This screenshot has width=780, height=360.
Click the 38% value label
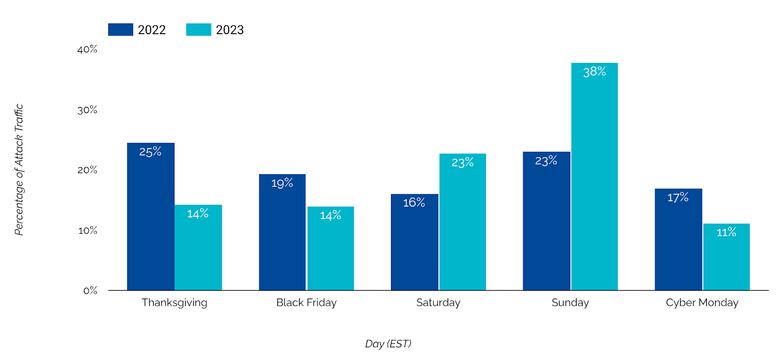(594, 72)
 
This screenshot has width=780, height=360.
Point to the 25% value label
(150, 152)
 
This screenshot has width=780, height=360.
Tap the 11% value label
(726, 232)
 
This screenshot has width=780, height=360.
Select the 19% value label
(282, 183)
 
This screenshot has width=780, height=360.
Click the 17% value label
(678, 198)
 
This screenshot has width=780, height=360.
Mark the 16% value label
(414, 202)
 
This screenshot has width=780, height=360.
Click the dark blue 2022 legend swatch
(120, 30)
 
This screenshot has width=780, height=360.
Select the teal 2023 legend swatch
(198, 30)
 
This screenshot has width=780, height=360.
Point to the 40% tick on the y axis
(87, 49)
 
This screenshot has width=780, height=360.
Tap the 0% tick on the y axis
(90, 291)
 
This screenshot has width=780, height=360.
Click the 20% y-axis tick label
(87, 170)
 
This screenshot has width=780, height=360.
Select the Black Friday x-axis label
(306, 302)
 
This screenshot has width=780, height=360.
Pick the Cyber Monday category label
(702, 302)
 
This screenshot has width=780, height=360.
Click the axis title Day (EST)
(388, 344)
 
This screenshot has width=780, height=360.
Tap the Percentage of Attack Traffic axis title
(19, 170)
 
